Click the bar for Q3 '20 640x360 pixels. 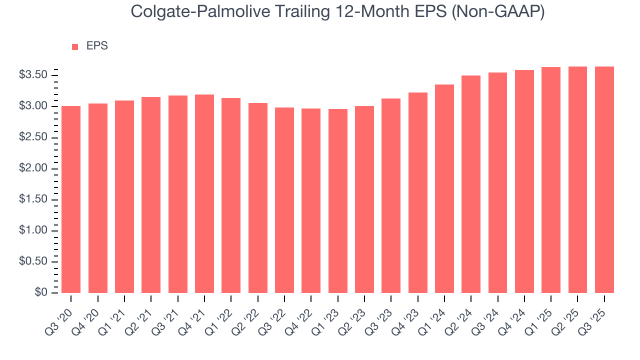coord(71,199)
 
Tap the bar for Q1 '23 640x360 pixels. coord(338,201)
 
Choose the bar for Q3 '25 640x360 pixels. coord(604,179)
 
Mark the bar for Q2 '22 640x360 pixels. coord(258,198)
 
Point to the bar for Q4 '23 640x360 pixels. coord(418,192)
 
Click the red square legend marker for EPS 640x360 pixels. coord(75,46)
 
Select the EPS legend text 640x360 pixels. coord(97,46)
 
